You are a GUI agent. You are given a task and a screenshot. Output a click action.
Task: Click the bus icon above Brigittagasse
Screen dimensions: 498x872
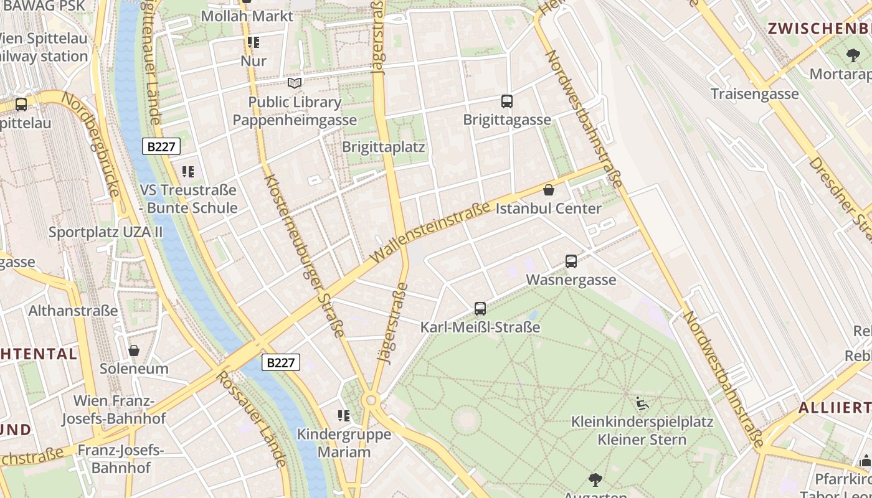pyautogui.click(x=507, y=101)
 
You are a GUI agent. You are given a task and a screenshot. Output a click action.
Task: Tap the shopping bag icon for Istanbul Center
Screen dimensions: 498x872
pyautogui.click(x=549, y=190)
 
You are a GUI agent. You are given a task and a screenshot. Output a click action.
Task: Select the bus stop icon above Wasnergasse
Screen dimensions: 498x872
pyautogui.click(x=571, y=261)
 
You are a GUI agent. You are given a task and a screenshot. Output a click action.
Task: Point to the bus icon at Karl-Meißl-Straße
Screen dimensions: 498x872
pyautogui.click(x=480, y=308)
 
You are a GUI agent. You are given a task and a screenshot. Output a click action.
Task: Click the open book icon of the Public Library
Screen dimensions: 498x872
pyautogui.click(x=295, y=83)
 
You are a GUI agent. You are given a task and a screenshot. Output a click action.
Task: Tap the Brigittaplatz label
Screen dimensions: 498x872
pyautogui.click(x=384, y=148)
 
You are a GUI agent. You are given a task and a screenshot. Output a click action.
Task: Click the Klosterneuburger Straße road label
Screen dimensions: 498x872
pyautogui.click(x=305, y=255)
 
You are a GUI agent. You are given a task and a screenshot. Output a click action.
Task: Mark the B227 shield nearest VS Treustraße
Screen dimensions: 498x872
pyautogui.click(x=161, y=147)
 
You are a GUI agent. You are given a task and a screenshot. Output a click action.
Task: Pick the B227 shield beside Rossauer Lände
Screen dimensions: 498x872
pyautogui.click(x=281, y=363)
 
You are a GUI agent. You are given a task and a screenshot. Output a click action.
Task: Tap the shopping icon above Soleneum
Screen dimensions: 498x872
pyautogui.click(x=134, y=350)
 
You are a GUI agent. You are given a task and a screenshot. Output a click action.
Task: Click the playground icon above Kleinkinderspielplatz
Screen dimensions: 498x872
pyautogui.click(x=642, y=403)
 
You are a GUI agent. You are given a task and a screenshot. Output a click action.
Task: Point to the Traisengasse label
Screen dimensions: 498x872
pyautogui.click(x=755, y=94)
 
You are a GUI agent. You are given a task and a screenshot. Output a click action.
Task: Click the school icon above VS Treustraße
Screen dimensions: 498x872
pyautogui.click(x=188, y=171)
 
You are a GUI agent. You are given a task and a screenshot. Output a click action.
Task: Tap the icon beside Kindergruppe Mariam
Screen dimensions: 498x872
pyautogui.click(x=343, y=415)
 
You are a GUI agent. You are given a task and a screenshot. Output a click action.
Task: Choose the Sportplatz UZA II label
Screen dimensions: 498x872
pyautogui.click(x=106, y=232)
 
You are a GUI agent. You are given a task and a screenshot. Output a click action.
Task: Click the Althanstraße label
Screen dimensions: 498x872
pyautogui.click(x=73, y=311)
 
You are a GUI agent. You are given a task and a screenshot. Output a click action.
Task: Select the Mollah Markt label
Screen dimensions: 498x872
pyautogui.click(x=247, y=16)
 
